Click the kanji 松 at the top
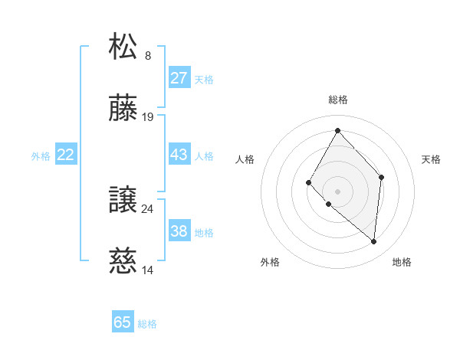point(123,46)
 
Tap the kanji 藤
point(123,108)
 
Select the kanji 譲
point(123,200)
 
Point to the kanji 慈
point(123,261)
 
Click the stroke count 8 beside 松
point(148,56)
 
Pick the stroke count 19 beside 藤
point(148,117)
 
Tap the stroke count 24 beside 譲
point(148,208)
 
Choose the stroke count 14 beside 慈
point(148,270)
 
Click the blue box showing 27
point(179,78)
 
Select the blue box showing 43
point(179,155)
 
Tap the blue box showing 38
point(179,231)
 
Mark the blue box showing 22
point(66,155)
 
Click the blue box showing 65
point(123,322)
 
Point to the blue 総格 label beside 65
point(147,324)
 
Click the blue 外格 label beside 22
point(41,156)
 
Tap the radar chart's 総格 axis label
point(337,100)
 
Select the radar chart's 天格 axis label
point(431,159)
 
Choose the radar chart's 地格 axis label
point(402,262)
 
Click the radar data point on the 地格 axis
point(373,241)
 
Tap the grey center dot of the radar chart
point(337,191)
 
